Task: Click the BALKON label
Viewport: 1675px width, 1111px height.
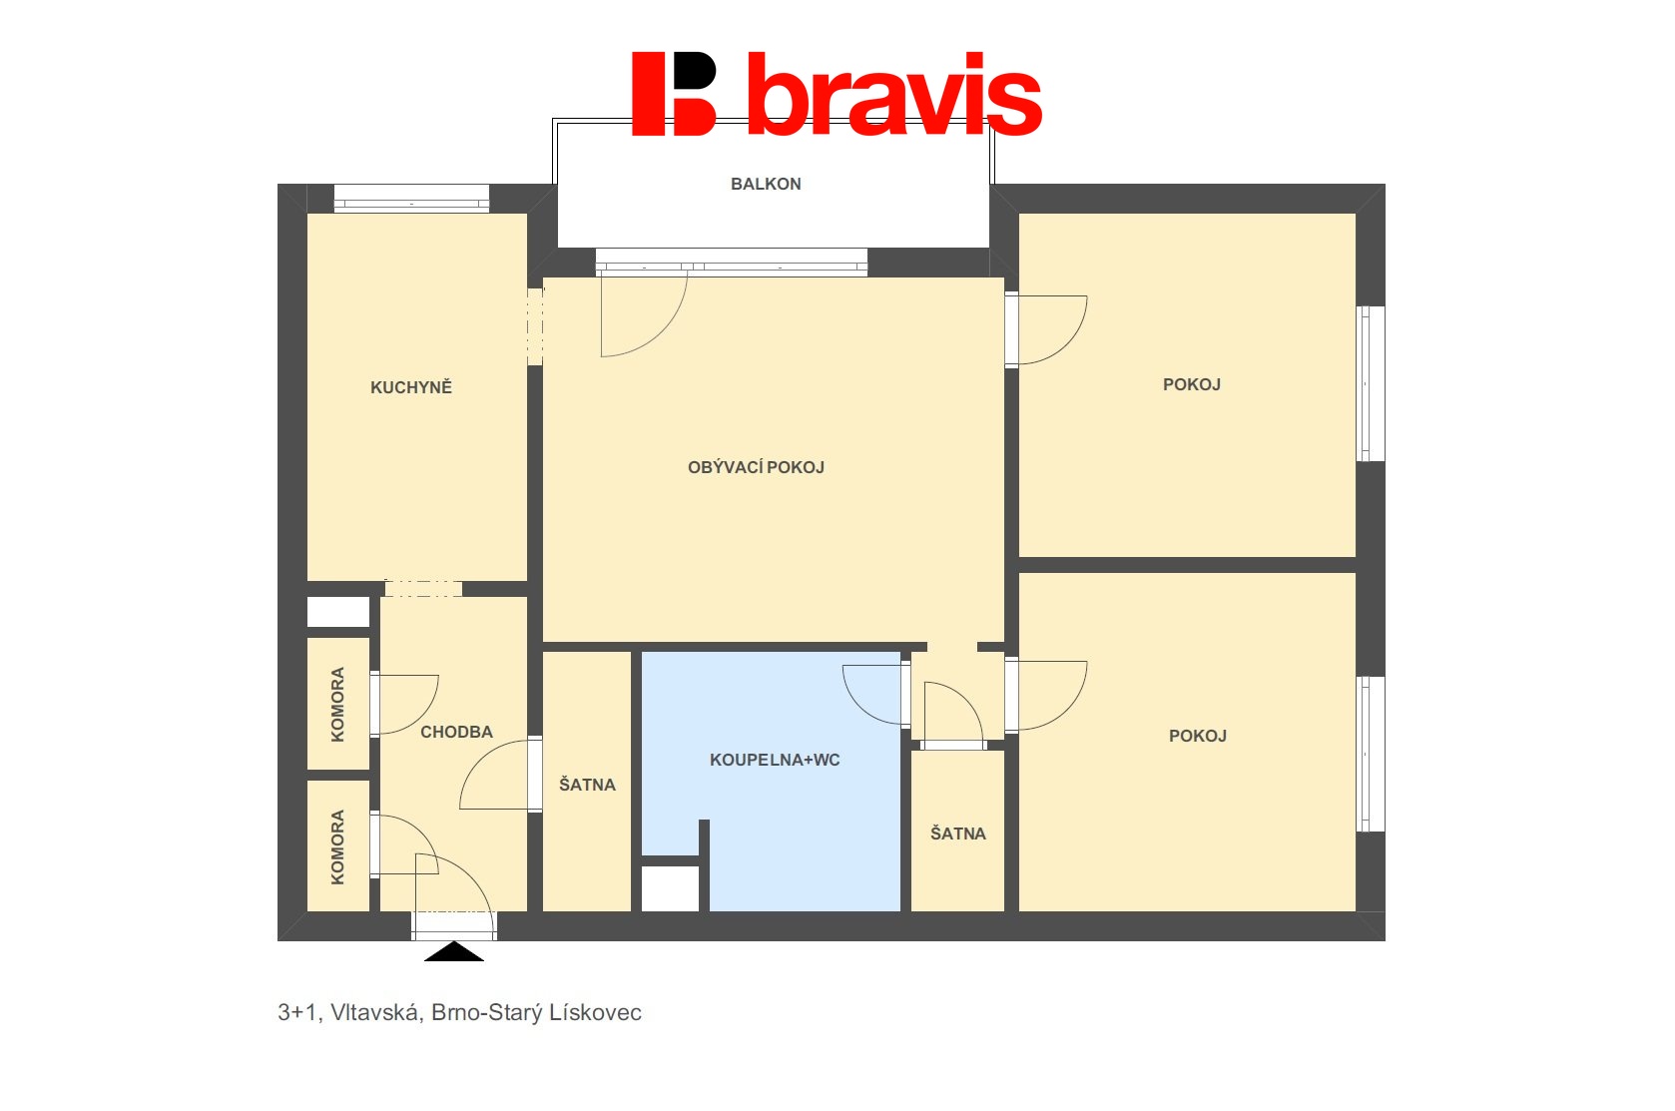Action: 765,184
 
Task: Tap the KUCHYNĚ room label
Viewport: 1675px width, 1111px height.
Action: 411,386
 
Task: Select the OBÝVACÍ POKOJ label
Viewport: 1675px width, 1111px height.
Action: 756,467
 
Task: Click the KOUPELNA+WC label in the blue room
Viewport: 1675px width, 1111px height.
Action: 774,760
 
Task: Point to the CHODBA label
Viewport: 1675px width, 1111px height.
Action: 456,732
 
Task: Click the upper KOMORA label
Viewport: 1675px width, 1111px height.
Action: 338,705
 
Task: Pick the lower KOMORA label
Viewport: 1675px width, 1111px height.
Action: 338,847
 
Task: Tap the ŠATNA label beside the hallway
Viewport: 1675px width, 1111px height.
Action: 587,785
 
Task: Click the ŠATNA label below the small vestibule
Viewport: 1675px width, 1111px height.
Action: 958,833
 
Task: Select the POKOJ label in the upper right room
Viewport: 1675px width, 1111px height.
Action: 1191,384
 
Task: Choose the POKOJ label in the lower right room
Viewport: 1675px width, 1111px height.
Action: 1197,736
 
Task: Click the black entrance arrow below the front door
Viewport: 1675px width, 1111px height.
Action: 454,951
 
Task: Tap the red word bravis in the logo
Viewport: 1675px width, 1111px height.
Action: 894,94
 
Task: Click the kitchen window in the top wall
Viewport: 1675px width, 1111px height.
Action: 411,198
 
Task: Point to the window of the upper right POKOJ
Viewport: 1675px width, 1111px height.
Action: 1370,383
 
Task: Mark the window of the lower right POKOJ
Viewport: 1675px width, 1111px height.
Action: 1370,754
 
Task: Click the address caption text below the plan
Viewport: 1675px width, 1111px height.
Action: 459,1012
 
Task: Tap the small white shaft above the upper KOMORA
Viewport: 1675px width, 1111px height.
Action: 338,612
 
